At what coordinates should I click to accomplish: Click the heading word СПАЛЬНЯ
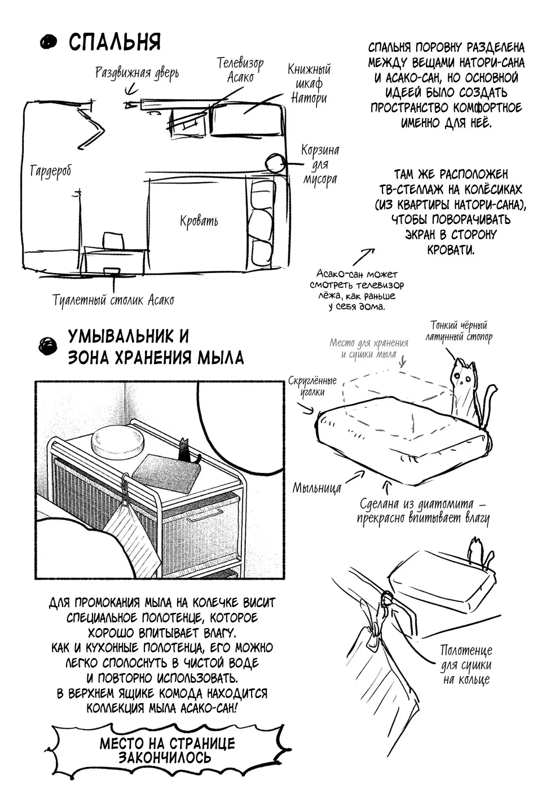(114, 42)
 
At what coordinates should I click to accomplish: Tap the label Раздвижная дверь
(136, 72)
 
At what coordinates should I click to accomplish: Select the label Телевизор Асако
(240, 69)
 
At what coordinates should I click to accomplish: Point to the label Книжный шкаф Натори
(309, 84)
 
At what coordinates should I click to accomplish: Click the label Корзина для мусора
(320, 165)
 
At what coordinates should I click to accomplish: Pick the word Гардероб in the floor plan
(51, 171)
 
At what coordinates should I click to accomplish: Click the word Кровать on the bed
(199, 221)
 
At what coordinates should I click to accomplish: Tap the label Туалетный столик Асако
(113, 300)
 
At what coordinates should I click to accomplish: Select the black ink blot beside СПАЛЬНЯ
(50, 42)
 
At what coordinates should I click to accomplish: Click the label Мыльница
(316, 488)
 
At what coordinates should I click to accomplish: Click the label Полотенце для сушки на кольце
(466, 665)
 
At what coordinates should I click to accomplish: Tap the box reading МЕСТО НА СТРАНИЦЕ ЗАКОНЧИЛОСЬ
(167, 749)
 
